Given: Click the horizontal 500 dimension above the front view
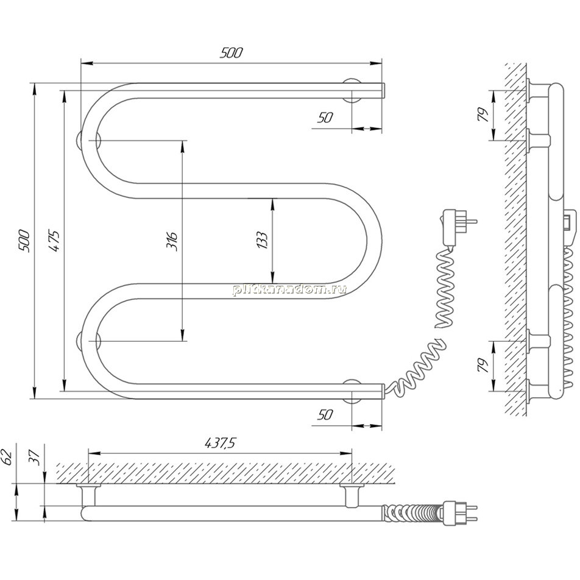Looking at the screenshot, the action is pos(231,53).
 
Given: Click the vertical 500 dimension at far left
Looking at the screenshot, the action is pos(24,241).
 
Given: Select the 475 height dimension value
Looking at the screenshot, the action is pos(54,241).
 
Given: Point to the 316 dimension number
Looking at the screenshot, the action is pos(172,241).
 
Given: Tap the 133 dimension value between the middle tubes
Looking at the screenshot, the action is pos(261,240).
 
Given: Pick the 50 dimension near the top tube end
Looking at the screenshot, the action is pos(325,118).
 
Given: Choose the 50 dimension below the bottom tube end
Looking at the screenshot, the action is pos(325,415).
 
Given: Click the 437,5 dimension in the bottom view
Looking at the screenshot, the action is pos(221,443).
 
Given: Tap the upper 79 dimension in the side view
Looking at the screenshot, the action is pos(483,115).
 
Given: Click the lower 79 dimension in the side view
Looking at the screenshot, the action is pos(483,366).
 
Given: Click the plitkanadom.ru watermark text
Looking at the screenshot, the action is pos(289,289).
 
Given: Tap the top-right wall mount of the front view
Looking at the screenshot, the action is pos(352,91).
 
